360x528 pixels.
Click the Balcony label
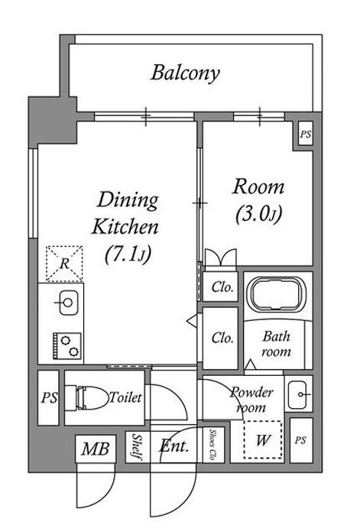(x=185, y=73)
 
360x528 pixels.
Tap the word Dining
(x=128, y=200)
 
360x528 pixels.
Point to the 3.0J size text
(x=258, y=213)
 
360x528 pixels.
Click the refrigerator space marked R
(x=64, y=264)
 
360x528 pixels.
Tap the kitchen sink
(x=68, y=303)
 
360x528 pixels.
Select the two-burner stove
(x=66, y=346)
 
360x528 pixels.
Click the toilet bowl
(x=86, y=397)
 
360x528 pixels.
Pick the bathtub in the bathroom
(x=277, y=293)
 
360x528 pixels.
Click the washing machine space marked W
(x=263, y=439)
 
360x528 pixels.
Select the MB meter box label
(x=96, y=449)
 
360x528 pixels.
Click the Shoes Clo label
(x=212, y=444)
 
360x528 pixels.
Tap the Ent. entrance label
(x=174, y=446)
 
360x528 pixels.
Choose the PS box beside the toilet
(x=48, y=397)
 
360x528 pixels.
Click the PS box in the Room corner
(x=306, y=134)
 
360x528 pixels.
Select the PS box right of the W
(x=301, y=440)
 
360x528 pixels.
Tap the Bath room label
(x=276, y=344)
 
